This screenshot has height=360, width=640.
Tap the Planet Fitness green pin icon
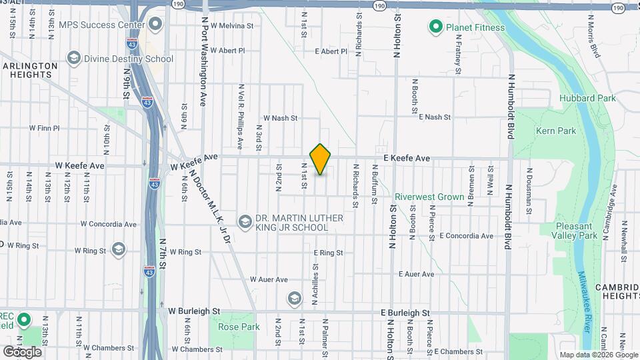436,27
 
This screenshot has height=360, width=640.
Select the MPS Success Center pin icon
155,25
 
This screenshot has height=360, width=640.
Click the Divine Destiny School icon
73,59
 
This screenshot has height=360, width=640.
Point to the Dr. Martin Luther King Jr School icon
245,221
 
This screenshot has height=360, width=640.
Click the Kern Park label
555,131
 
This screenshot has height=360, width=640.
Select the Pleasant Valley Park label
577,231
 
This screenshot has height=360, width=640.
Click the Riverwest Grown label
429,197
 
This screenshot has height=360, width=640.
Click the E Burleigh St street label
405,312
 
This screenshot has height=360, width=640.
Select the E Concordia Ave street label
466,236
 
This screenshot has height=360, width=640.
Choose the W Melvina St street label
232,26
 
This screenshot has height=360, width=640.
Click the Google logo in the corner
22,351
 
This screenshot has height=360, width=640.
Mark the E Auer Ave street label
416,274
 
